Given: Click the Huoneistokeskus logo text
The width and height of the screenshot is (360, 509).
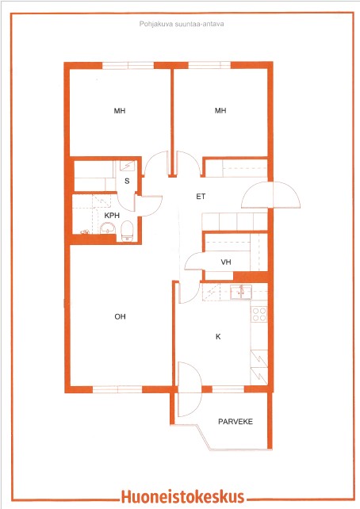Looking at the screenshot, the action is tap(182, 496).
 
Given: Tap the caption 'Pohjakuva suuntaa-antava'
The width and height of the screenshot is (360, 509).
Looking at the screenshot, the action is tap(182, 24).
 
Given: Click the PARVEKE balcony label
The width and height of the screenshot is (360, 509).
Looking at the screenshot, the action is tap(236, 421).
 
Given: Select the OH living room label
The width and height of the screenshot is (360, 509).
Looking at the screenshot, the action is tap(120, 316).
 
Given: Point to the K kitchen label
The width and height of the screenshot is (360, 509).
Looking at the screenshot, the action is tap(218, 337).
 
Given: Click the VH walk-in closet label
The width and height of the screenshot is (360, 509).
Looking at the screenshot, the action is tap(226, 262).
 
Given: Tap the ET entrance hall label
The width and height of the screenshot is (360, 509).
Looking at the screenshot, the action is tap(201, 197).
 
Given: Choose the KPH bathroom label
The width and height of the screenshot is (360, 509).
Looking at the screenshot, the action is tap(112, 215).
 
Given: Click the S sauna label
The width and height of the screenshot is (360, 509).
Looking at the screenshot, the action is tap(127, 181).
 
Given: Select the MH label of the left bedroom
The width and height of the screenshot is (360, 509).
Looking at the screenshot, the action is tap(120, 111).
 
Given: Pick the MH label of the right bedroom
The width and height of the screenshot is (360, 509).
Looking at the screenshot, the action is tap(220, 110).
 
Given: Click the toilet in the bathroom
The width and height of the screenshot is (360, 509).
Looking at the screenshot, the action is tap(127, 232).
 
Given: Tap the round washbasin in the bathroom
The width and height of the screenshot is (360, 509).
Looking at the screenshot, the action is tap(108, 228).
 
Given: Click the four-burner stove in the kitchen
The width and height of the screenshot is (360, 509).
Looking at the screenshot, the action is tap(259, 314).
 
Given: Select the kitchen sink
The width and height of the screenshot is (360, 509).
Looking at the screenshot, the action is tap(241, 292).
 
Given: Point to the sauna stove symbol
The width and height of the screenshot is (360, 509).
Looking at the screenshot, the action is tap(128, 166).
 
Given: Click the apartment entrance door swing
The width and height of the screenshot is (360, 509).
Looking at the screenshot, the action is tap(270, 195).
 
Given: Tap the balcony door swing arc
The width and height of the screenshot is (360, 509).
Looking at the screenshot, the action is tap(190, 389).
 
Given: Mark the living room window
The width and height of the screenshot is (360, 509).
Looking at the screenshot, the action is tap(117, 389).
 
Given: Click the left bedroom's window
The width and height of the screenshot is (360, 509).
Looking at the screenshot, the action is tap(128, 66).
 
